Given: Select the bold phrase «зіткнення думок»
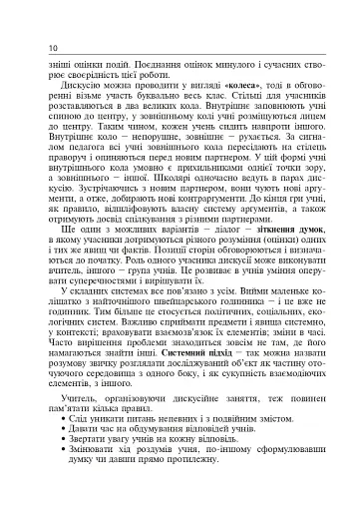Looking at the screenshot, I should [292, 256].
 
